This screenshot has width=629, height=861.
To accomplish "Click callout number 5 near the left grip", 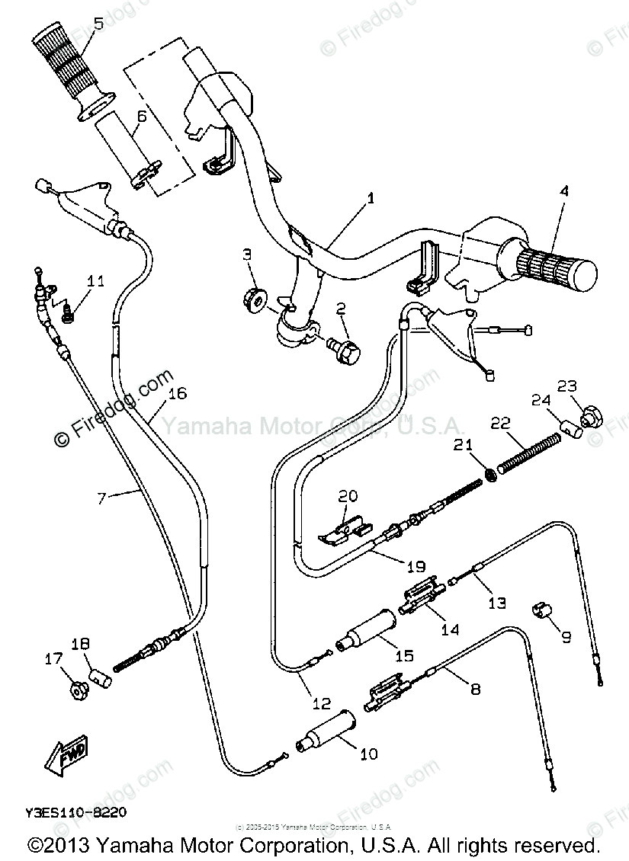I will pyautogui.click(x=98, y=23).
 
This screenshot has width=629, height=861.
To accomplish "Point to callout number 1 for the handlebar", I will pyautogui.click(x=371, y=199).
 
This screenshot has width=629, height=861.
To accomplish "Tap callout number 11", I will pyautogui.click(x=95, y=281).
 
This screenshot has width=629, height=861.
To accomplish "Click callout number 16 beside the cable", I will pyautogui.click(x=177, y=394).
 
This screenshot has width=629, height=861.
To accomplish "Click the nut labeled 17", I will pyautogui.click(x=76, y=690).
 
